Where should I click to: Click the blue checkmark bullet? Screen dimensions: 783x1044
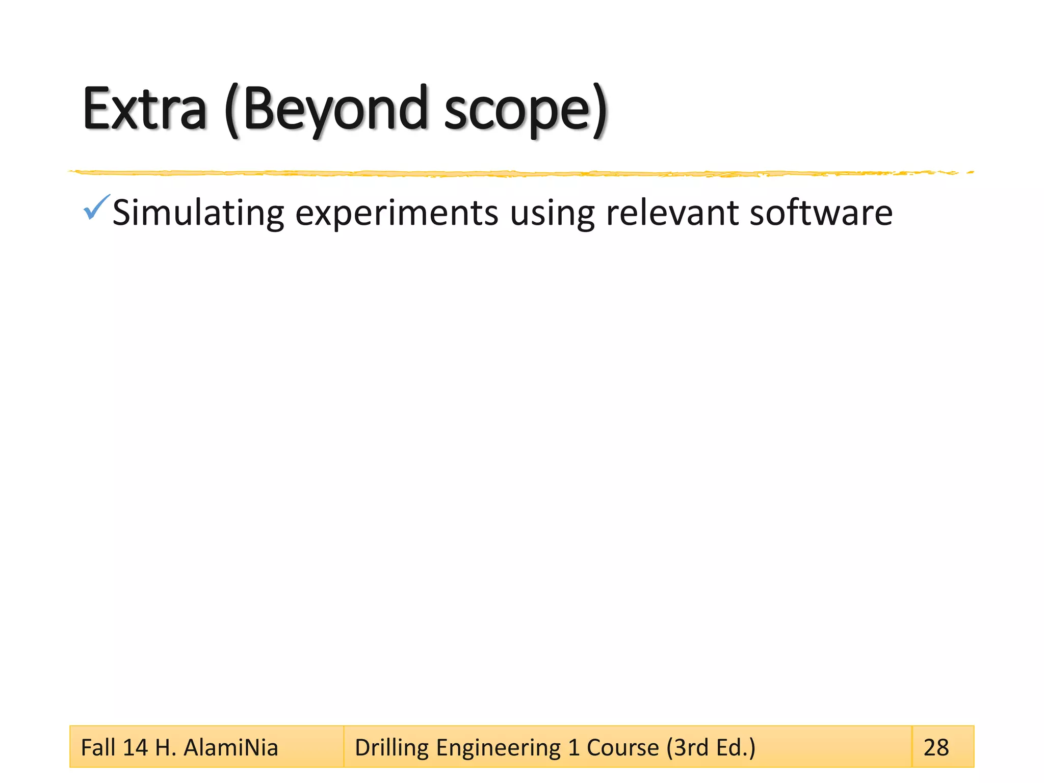[x=96, y=207]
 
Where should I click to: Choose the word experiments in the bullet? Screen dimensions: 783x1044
[x=397, y=213]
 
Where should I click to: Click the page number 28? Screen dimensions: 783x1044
[x=936, y=747]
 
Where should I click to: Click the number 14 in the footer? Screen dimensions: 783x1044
[x=135, y=747]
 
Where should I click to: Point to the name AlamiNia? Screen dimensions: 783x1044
[x=230, y=747]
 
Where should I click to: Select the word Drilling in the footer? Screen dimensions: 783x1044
[x=391, y=747]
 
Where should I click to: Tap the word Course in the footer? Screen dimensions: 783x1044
[x=622, y=747]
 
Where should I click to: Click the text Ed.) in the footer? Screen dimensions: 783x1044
[x=736, y=747]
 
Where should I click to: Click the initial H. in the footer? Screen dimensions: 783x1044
[x=165, y=747]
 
